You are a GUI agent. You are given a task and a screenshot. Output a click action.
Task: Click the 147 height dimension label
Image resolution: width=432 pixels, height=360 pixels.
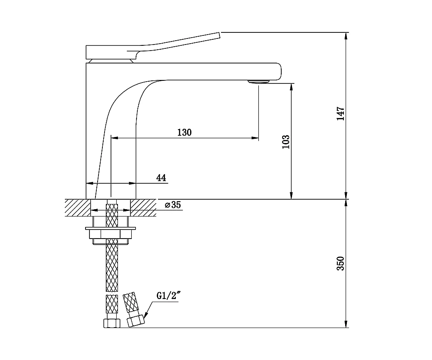tap(341, 113)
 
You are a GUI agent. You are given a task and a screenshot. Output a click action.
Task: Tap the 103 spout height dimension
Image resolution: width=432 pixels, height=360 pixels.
tap(286, 142)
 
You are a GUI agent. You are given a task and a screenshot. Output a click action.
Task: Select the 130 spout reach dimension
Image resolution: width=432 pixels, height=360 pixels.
tap(184, 133)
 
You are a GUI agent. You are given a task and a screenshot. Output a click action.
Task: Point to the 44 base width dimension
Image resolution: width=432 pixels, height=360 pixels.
tap(161, 178)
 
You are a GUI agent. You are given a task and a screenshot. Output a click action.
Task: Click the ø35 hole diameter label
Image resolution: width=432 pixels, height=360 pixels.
tap(173, 205)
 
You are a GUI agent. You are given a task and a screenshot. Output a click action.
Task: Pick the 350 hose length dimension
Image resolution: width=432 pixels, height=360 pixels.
tap(341, 263)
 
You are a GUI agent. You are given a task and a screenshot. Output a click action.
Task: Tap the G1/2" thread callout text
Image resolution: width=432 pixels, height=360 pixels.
tap(168, 296)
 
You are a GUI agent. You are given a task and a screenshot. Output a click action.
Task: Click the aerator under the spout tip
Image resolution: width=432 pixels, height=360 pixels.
tap(258, 82)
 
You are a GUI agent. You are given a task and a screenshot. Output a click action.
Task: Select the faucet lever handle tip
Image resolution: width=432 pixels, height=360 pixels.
tap(219, 35)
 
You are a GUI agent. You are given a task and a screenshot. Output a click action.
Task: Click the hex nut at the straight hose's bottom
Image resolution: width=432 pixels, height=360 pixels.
tap(112, 323)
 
